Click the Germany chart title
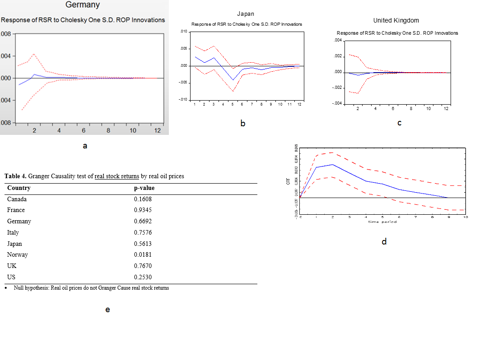tap(83, 5)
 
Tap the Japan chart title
tap(246, 14)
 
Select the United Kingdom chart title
tap(396, 20)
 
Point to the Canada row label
tap(17, 199)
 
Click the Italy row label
tap(13, 233)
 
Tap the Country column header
tap(19, 188)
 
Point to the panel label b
tap(243, 123)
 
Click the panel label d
tap(384, 242)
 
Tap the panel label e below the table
tap(107, 309)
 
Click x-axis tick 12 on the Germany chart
tap(158, 131)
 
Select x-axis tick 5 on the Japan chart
tap(233, 104)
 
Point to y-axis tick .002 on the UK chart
tap(337, 56)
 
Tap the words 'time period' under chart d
tap(382, 222)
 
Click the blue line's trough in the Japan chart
tap(233, 80)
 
